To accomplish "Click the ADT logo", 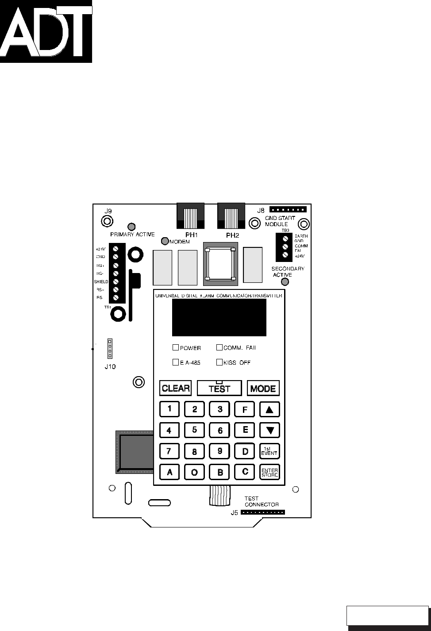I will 46,31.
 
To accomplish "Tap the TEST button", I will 219,388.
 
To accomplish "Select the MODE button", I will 263,388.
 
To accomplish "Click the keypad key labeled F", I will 245,409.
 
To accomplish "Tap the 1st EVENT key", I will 269,451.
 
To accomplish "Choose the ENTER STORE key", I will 269,472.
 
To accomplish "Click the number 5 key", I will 194,430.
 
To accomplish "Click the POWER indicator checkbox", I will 175,348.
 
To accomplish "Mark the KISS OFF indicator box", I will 219,362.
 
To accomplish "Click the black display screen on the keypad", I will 219,317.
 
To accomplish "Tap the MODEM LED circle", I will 165,241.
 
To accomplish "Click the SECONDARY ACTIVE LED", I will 285,282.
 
